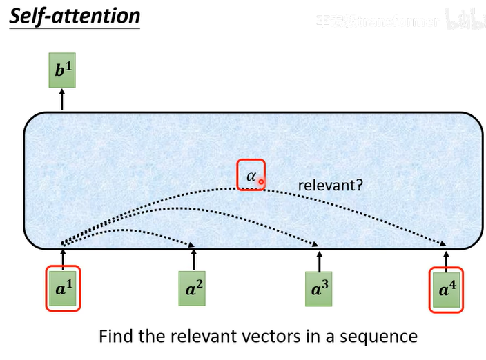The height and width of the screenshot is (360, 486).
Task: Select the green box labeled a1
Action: coord(63,288)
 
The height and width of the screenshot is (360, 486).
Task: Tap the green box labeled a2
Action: coord(193,288)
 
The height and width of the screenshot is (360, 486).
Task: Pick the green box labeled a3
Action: coord(319,288)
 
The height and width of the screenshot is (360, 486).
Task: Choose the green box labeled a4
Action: coord(446,288)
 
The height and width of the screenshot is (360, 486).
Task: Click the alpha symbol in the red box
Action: coord(251,176)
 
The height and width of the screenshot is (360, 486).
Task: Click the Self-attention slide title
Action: coord(74,16)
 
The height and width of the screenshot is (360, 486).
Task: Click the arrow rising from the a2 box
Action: coord(193,260)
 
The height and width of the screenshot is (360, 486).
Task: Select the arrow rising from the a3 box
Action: coord(319,260)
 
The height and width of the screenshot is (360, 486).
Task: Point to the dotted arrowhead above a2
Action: coord(192,244)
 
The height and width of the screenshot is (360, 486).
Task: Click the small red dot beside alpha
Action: coord(262,181)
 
